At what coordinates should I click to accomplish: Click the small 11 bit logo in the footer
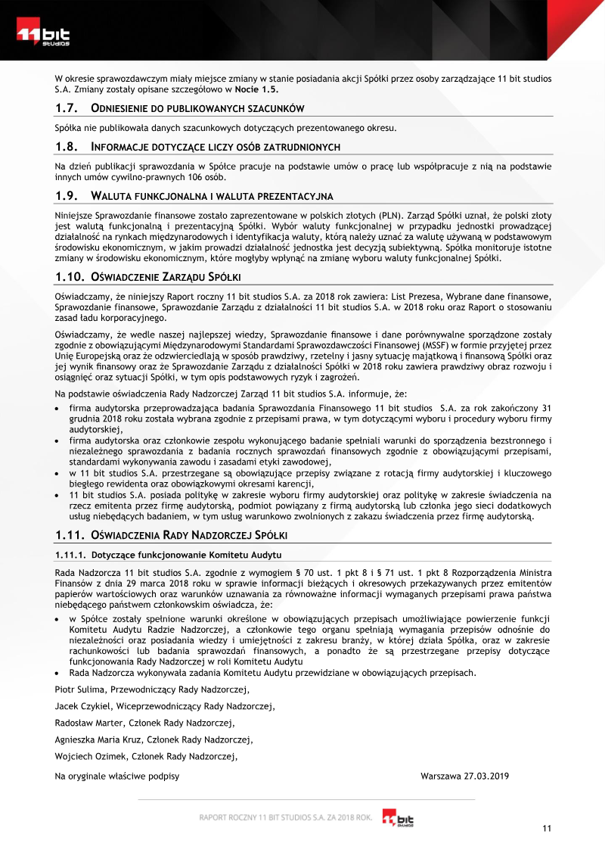(x=398, y=818)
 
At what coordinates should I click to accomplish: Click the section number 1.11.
(x=70, y=535)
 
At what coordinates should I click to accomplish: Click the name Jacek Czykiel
(x=83, y=706)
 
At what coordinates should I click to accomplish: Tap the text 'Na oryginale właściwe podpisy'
(x=117, y=776)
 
